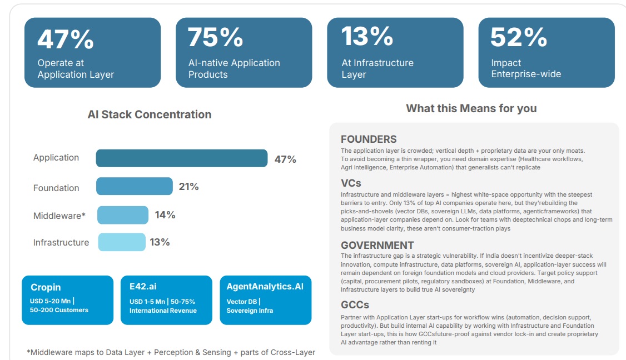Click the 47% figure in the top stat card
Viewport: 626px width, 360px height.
[66, 39]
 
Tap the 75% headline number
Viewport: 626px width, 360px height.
[216, 37]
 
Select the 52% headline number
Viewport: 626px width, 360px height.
[519, 37]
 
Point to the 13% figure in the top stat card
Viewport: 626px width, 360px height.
[367, 36]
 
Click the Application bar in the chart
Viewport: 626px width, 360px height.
[181, 158]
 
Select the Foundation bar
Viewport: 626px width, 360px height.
[134, 187]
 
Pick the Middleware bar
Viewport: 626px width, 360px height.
[123, 215]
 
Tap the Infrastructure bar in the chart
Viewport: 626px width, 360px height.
[122, 242]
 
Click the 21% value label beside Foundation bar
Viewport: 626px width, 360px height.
[188, 187]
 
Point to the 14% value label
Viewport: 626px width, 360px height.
[165, 215]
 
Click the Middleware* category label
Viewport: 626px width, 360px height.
[59, 216]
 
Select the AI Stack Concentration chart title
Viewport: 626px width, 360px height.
[150, 114]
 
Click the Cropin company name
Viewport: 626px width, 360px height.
[46, 287]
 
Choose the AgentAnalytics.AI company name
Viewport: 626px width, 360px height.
[265, 287]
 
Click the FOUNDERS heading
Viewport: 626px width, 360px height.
[369, 139]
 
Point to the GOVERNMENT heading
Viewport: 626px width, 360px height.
[377, 245]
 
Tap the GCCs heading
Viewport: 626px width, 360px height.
[355, 305]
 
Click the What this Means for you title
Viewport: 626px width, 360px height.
[471, 108]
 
